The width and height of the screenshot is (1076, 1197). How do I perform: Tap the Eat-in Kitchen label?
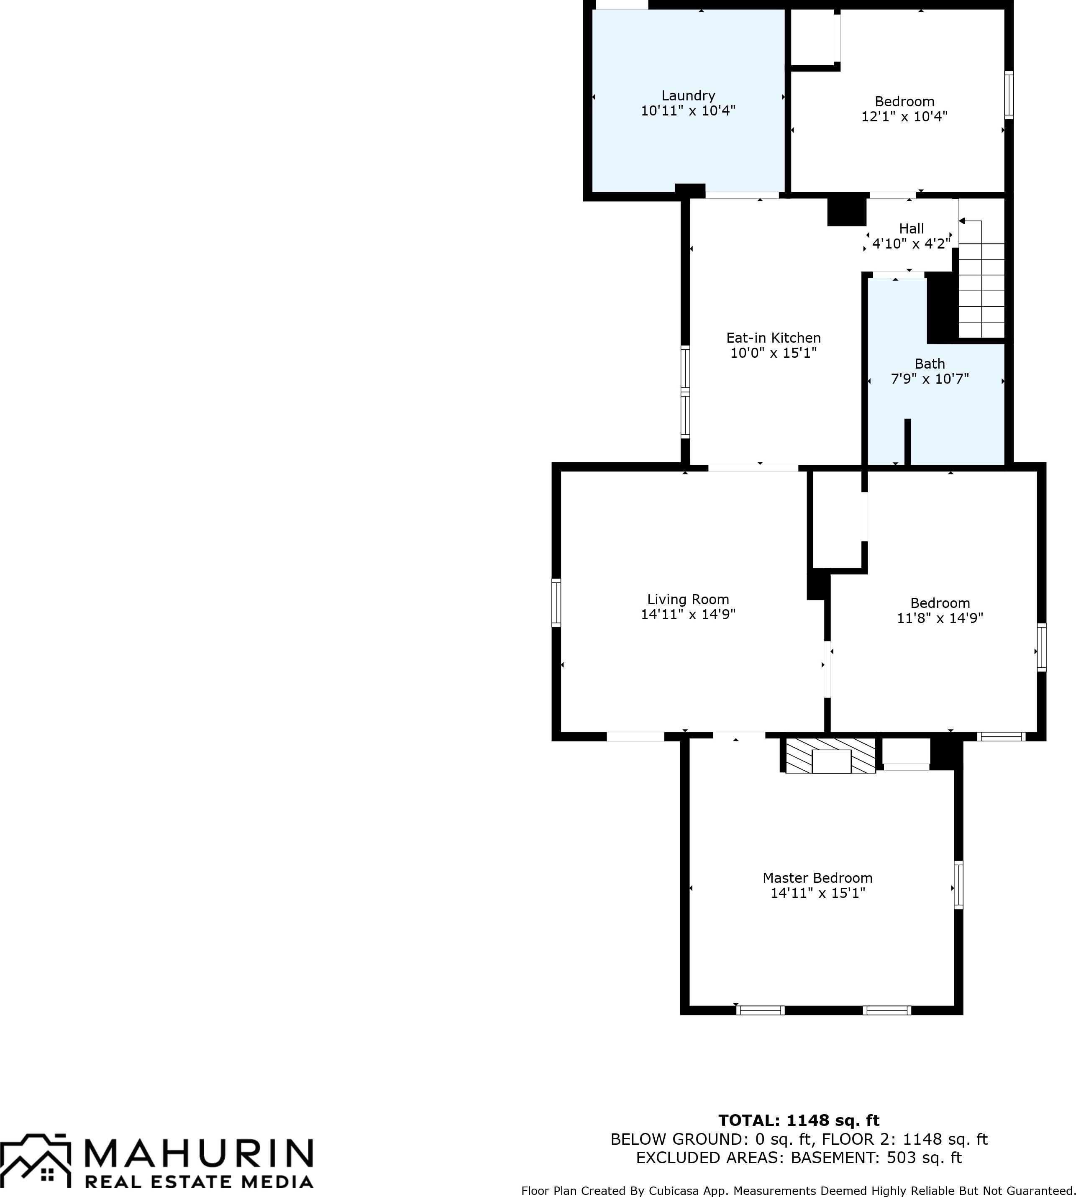(773, 338)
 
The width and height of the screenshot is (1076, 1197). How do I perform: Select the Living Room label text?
(688, 600)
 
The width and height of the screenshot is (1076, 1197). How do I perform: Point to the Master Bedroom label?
(817, 878)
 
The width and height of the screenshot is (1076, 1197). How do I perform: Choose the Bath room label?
(930, 364)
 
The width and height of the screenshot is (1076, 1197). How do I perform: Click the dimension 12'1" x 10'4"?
(904, 116)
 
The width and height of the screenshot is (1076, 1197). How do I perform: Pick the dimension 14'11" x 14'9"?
(688, 615)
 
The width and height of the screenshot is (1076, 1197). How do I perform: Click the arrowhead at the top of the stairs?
(962, 221)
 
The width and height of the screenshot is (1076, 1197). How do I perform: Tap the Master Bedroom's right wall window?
(958, 885)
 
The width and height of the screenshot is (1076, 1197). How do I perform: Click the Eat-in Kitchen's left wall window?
(685, 392)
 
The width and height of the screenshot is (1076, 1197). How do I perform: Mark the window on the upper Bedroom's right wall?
(1009, 95)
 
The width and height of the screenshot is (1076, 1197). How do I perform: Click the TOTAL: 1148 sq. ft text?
(799, 1120)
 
